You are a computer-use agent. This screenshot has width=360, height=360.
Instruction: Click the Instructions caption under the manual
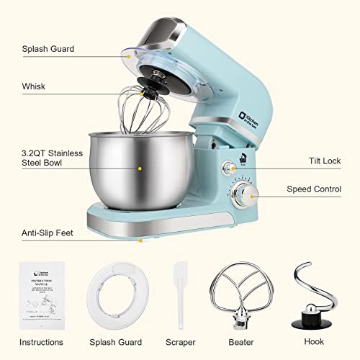click(x=41, y=342)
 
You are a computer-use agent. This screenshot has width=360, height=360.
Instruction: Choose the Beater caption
click(x=242, y=342)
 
